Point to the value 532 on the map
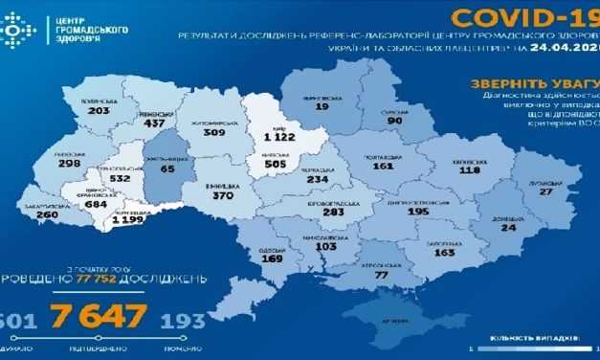(121, 177)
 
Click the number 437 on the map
(152, 124)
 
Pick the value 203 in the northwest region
(99, 110)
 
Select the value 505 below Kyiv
(277, 164)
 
